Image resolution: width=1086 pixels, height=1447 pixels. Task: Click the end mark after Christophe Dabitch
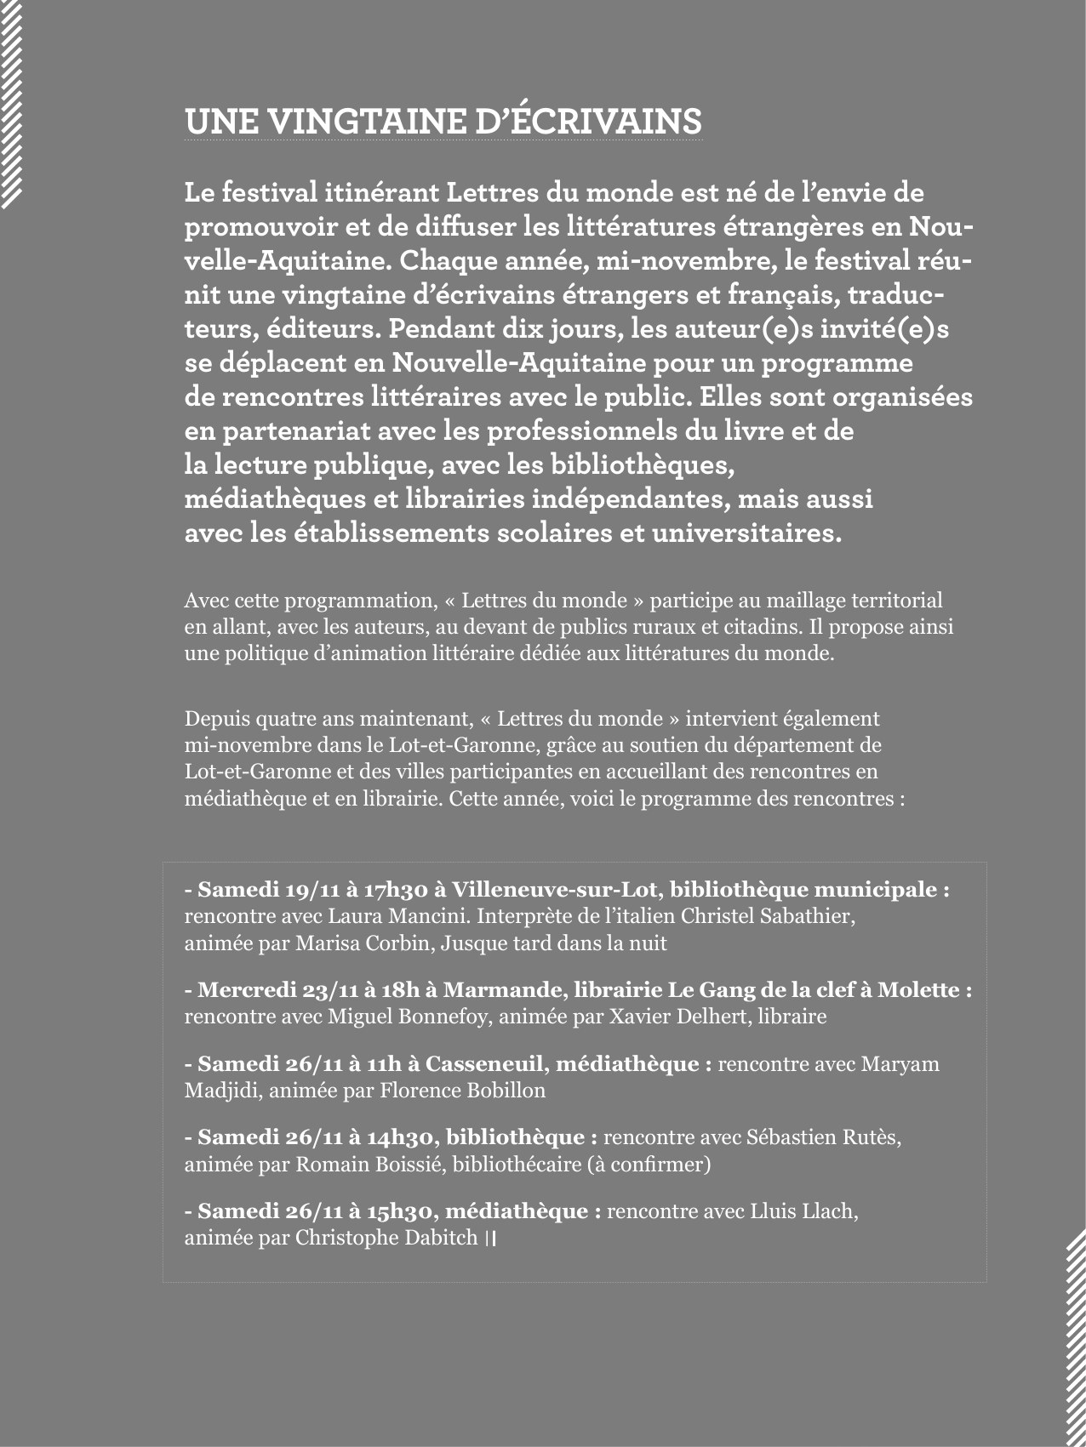click(x=490, y=1239)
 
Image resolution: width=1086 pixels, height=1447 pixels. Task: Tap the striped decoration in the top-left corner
click(x=11, y=102)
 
